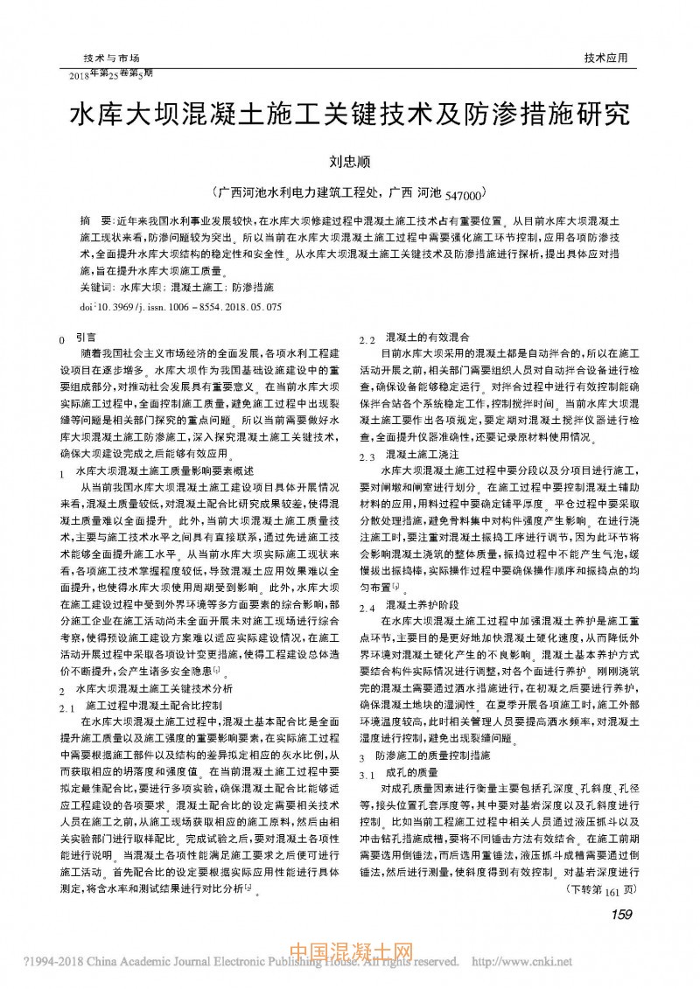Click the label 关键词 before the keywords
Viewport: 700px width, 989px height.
click(96, 287)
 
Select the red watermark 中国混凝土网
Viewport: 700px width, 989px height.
click(351, 957)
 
